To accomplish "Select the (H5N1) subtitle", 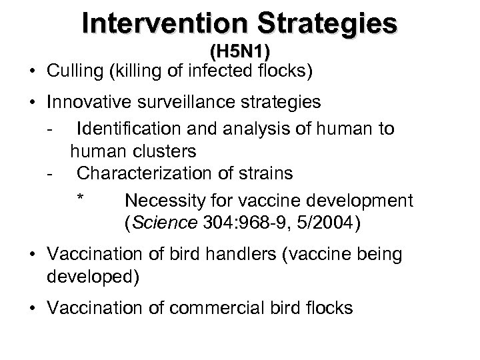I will [x=239, y=51].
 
